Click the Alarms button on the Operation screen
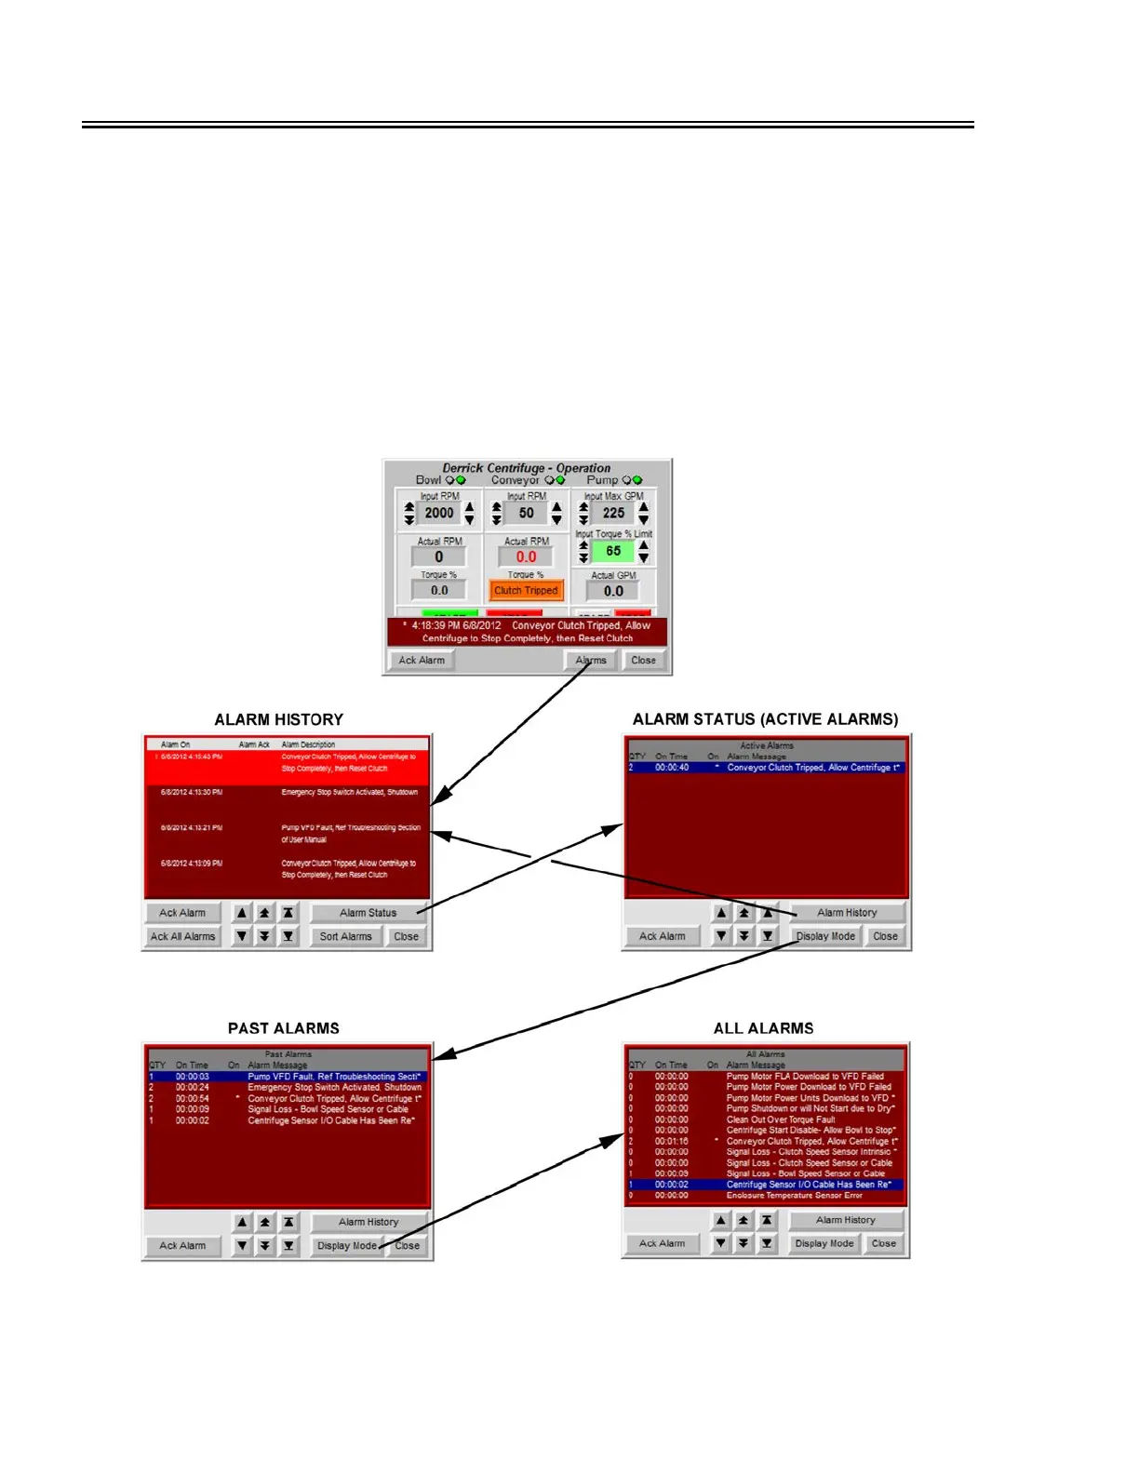591,661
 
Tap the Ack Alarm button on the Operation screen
422,661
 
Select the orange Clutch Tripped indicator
526,590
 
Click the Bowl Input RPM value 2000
439,513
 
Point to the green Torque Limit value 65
613,551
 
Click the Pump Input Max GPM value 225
613,513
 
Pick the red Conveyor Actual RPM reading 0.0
527,556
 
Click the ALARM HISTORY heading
278,719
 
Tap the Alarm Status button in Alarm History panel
368,913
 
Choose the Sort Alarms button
345,936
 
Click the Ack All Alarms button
182,936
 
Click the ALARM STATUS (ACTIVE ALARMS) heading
765,719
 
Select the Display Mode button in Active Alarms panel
825,936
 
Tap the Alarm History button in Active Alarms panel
847,913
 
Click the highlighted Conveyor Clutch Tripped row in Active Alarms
765,768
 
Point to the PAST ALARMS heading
284,1028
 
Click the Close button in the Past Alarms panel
408,1245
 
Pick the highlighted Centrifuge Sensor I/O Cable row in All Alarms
765,1185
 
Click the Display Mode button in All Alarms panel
824,1243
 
